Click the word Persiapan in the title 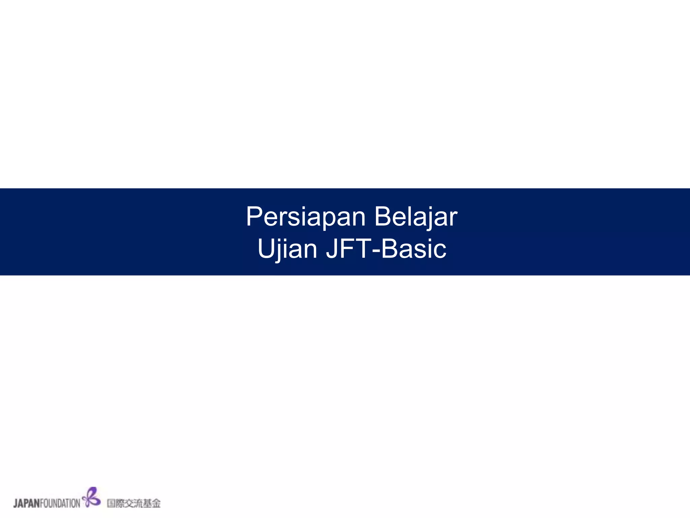306,217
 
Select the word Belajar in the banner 416,217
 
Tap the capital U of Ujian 265,249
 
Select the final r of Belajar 454,219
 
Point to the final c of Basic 440,251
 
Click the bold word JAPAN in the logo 27,503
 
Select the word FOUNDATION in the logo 60,503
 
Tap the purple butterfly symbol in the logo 91,497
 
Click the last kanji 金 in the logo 156,503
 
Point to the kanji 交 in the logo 129,503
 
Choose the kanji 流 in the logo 138,503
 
